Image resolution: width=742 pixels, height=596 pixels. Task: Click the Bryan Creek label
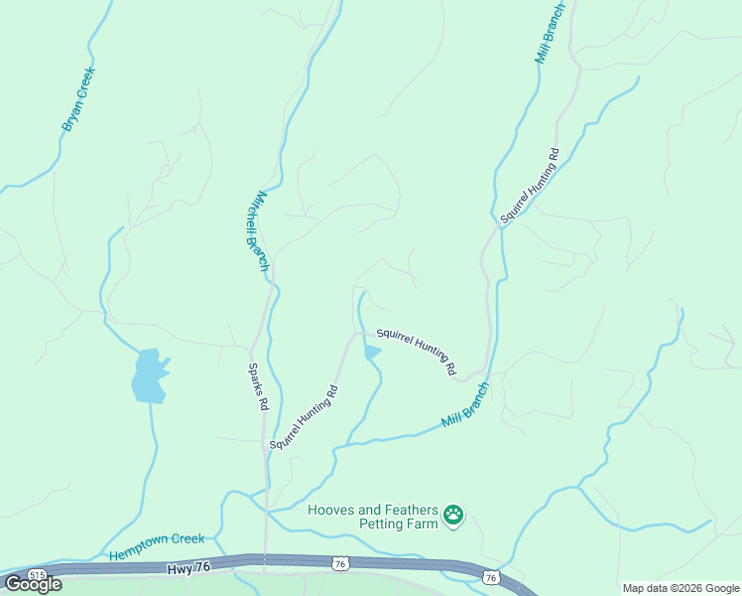coord(77,98)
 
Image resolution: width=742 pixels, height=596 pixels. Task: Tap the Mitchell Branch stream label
coord(257,231)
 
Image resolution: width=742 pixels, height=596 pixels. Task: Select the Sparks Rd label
coord(257,385)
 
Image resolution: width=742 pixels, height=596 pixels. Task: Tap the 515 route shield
coord(38,575)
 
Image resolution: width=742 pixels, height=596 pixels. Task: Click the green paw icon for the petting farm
coord(453,515)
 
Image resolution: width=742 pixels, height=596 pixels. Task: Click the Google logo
coord(33,584)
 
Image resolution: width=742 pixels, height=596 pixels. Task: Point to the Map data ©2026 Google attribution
coord(680,588)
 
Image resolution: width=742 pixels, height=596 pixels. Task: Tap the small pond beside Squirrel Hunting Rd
coord(372,352)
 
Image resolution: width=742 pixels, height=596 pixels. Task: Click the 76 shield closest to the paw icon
coord(490,577)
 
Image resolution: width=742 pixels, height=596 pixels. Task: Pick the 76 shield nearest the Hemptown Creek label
coord(340,563)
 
